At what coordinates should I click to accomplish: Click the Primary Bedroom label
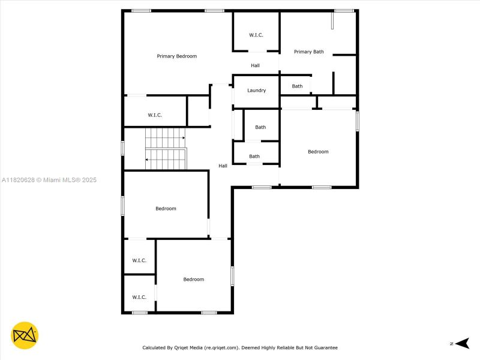tap(177, 56)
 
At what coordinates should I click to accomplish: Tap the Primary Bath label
tap(308, 52)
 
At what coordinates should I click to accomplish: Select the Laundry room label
tap(256, 91)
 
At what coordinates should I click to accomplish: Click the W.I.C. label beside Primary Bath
tap(256, 35)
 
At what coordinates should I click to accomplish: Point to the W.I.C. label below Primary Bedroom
tap(155, 115)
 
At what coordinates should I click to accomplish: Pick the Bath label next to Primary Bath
tap(298, 86)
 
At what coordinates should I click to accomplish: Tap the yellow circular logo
tap(25, 335)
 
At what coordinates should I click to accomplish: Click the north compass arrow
tap(461, 343)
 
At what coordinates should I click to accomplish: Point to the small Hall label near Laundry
tap(255, 65)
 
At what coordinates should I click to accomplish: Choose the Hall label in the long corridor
tap(223, 166)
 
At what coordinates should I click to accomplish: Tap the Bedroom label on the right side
tap(318, 152)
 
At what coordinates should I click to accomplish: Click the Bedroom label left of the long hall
tap(166, 209)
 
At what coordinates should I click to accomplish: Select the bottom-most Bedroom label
tap(193, 280)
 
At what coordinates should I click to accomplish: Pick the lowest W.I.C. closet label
tap(139, 297)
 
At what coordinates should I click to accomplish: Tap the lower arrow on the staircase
tap(148, 160)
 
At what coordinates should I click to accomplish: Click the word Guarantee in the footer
tap(325, 347)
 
